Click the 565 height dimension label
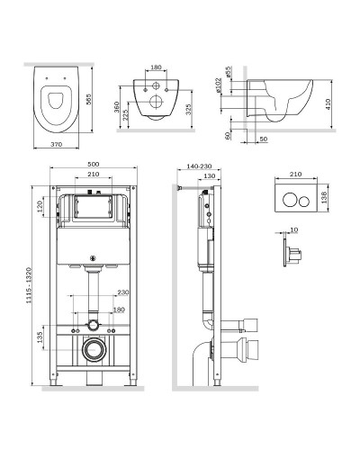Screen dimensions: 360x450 coord(89,99)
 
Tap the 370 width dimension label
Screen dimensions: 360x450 coord(56,144)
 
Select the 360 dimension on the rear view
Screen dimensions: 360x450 coord(116,107)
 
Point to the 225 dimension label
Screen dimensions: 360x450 coord(125,115)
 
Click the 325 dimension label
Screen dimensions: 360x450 coord(188,110)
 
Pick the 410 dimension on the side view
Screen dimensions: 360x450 coord(328,104)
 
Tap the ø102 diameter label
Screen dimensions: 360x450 coord(219,85)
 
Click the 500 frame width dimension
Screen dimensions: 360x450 coord(94,165)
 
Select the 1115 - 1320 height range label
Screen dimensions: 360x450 coord(29,285)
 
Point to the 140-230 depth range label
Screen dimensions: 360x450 coord(199,166)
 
